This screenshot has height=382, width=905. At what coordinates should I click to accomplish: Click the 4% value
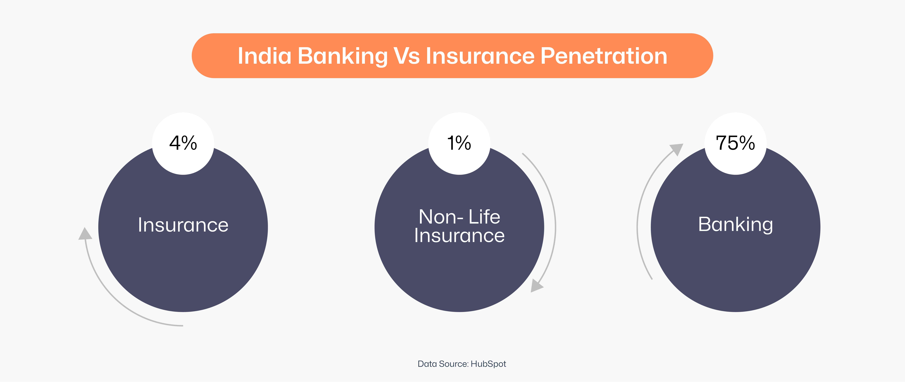pos(183,143)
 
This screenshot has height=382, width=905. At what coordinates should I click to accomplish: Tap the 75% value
pos(735,143)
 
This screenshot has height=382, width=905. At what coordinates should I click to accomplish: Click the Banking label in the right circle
pos(735,224)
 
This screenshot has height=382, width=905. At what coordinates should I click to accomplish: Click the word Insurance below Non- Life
pos(459,236)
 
